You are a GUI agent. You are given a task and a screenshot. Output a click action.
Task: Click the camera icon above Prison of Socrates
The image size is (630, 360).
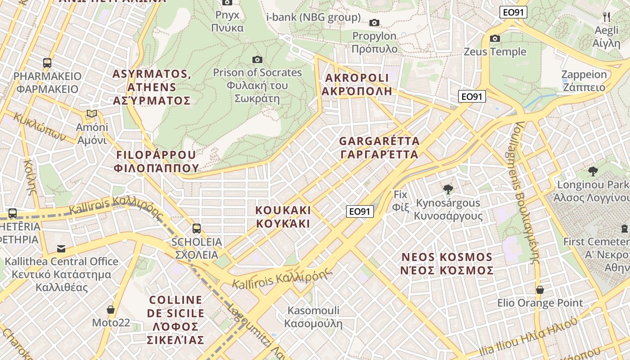point(257,59)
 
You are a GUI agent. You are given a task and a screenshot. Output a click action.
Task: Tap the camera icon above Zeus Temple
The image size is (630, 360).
point(495,39)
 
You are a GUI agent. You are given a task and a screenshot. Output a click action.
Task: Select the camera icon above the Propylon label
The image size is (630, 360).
point(374,23)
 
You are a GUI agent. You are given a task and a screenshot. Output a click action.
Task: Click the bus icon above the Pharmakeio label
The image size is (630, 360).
point(47,63)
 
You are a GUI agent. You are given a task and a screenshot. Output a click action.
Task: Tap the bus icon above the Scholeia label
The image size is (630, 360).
point(197,228)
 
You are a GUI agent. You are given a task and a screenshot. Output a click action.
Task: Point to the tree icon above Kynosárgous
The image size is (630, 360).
point(448,189)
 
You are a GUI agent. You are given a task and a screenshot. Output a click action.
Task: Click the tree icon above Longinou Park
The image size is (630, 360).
point(593,171)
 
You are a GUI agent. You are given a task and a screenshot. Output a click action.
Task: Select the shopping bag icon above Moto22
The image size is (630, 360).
point(111,310)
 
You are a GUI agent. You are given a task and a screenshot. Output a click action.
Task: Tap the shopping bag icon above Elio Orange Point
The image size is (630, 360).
point(540,290)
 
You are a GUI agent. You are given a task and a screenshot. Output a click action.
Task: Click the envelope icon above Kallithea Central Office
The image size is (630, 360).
point(61,248)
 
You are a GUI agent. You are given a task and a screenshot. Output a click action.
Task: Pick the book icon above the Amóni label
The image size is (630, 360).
point(92,114)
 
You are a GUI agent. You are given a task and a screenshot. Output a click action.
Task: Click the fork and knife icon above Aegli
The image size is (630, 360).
point(607,17)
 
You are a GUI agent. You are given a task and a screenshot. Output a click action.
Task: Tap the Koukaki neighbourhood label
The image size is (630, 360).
point(283,216)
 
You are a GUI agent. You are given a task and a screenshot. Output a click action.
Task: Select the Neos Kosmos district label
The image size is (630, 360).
point(447,264)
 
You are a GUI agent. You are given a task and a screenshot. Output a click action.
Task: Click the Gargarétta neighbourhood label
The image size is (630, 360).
point(379,148)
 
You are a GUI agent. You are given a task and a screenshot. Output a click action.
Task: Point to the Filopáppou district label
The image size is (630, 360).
point(156,162)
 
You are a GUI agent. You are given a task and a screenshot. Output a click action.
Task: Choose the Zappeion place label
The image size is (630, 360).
point(584,81)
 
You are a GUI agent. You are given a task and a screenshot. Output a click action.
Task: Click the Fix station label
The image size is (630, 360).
point(400,201)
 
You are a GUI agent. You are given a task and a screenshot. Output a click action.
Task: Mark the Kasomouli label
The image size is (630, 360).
point(313,317)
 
